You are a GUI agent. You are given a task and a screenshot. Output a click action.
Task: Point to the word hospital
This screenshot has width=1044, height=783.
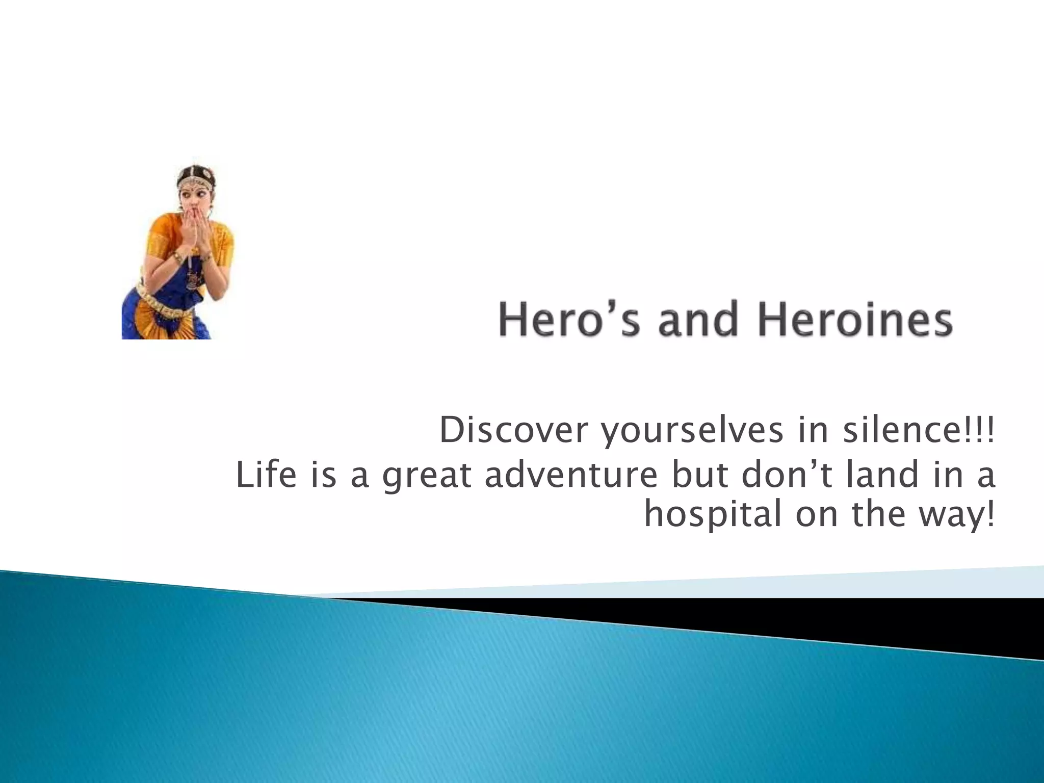click(x=713, y=515)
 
